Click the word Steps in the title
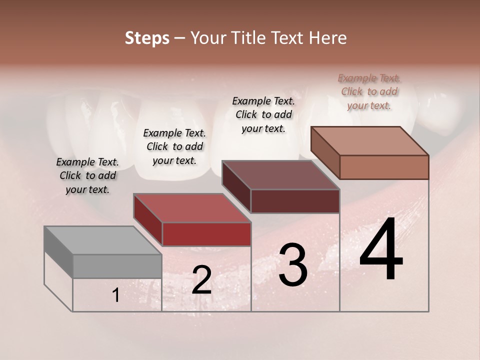tap(147, 38)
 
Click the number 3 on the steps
tap(293, 265)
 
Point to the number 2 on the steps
tap(201, 280)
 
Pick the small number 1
tap(115, 295)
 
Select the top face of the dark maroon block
tap(280, 175)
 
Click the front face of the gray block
tap(117, 266)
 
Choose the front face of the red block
tap(206, 234)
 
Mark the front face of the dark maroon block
tap(295, 201)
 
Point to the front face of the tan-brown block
tap(384, 167)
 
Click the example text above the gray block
tap(87, 175)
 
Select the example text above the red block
tap(174, 146)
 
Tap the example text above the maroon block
tap(263, 114)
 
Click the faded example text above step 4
tap(369, 91)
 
